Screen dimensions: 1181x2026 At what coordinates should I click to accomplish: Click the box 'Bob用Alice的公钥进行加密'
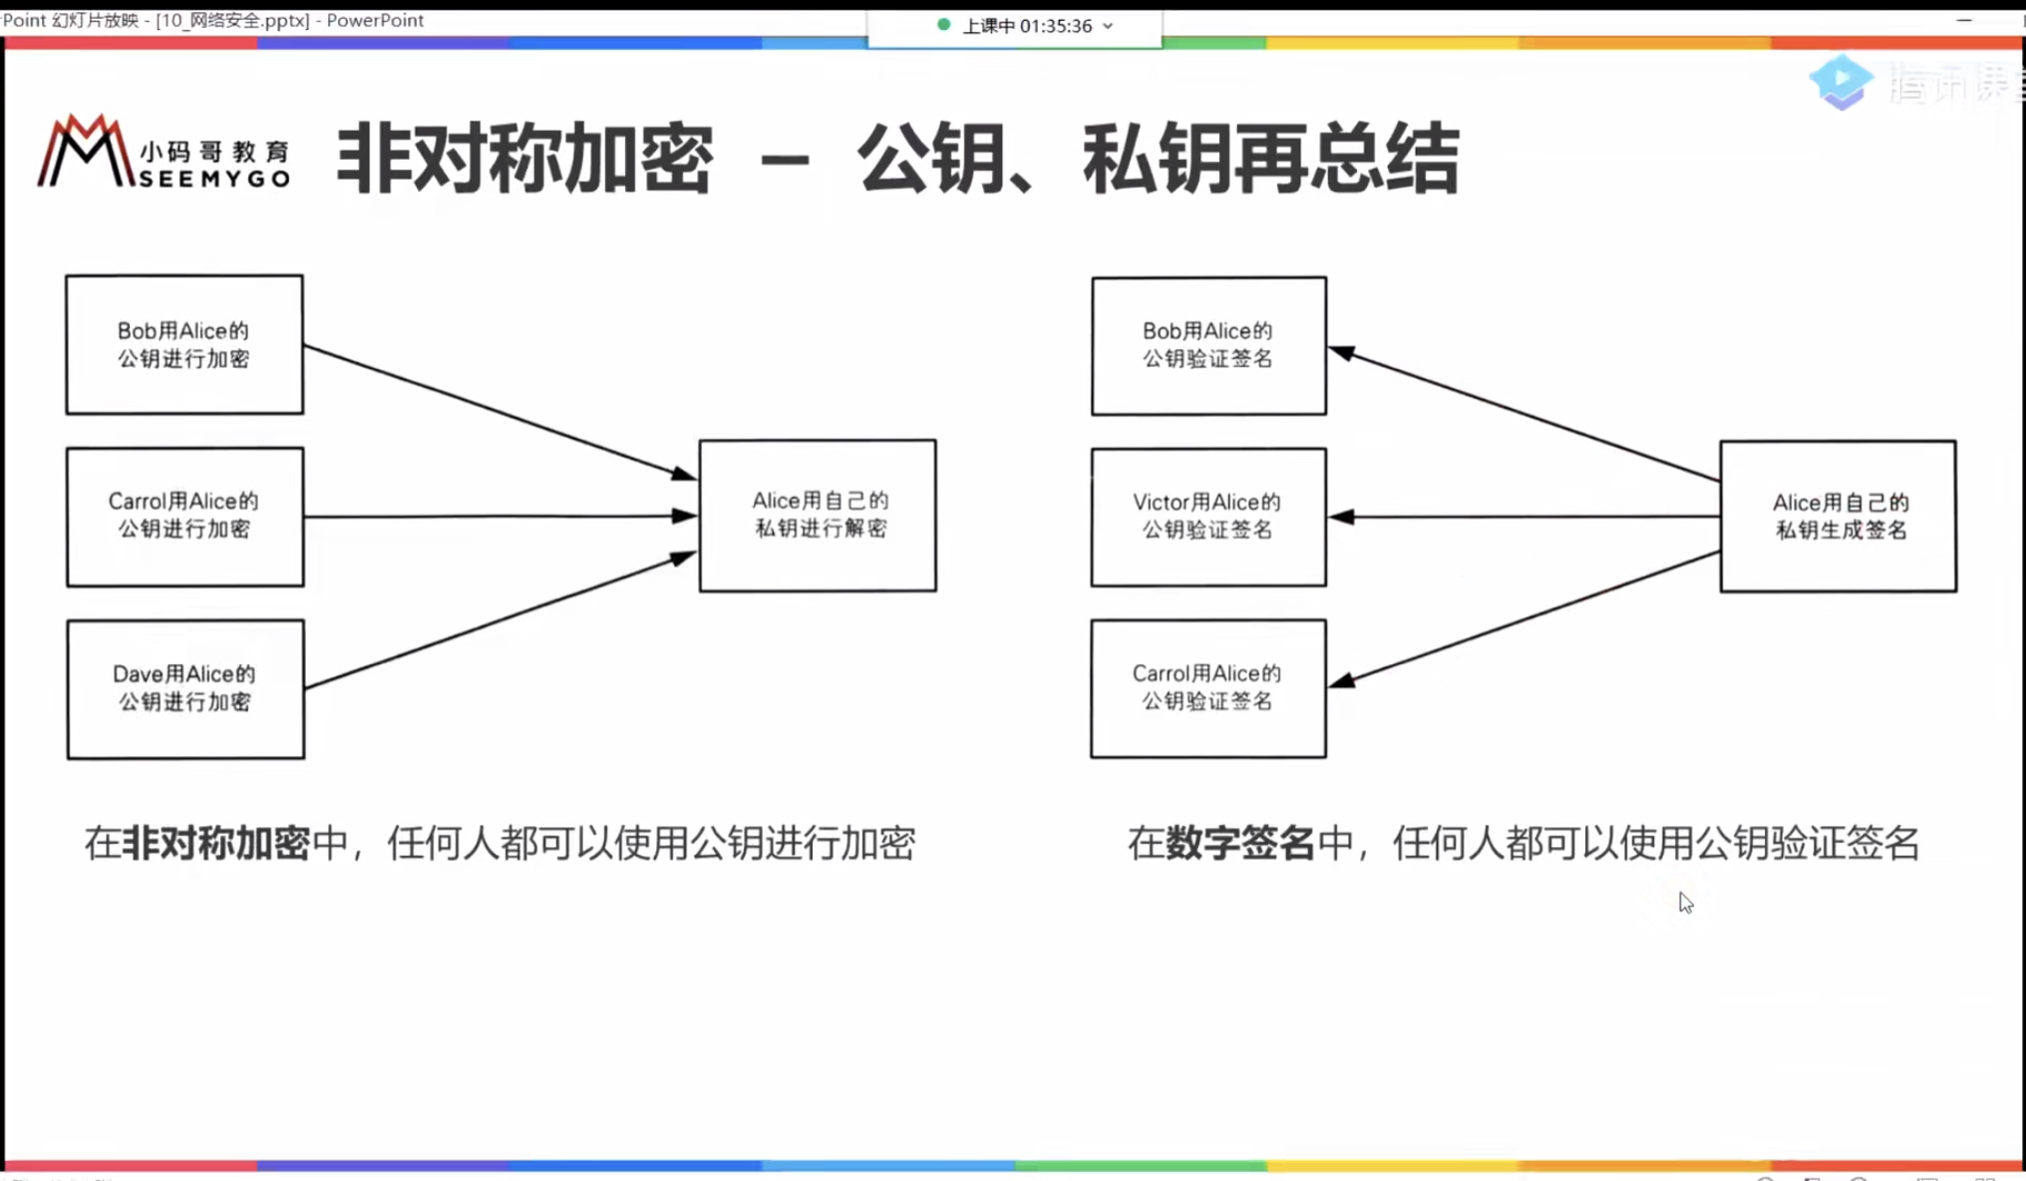(x=184, y=344)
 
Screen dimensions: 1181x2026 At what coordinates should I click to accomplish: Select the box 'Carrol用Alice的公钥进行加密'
(x=184, y=516)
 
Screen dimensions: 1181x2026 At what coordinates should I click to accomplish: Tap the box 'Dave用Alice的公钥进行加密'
(x=185, y=688)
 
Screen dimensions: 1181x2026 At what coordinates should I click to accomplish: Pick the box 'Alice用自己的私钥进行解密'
(x=818, y=515)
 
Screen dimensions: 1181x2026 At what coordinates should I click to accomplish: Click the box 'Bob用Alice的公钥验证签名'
(x=1208, y=345)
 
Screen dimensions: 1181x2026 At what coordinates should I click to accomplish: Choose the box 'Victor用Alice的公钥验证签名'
(x=1208, y=517)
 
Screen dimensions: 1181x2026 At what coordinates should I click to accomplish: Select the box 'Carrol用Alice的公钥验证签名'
(x=1208, y=688)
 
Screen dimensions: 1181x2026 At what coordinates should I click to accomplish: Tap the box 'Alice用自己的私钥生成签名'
(x=1838, y=516)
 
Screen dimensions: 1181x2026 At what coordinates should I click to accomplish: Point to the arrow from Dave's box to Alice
(x=499, y=620)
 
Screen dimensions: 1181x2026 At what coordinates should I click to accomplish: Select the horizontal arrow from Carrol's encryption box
(x=499, y=517)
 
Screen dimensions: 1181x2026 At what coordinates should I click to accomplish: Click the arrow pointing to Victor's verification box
(x=1525, y=517)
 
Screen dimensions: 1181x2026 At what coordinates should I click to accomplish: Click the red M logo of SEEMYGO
(x=85, y=152)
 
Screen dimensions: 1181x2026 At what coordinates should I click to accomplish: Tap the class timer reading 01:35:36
(x=1055, y=26)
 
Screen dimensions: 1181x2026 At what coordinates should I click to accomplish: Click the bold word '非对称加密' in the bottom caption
(x=215, y=844)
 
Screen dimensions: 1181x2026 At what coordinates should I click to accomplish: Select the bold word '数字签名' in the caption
(x=1240, y=844)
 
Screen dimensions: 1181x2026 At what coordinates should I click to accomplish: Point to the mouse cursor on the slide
(x=1685, y=902)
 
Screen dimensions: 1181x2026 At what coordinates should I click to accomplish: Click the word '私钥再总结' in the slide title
(x=1271, y=160)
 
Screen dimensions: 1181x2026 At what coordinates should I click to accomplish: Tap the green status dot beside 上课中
(x=943, y=25)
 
